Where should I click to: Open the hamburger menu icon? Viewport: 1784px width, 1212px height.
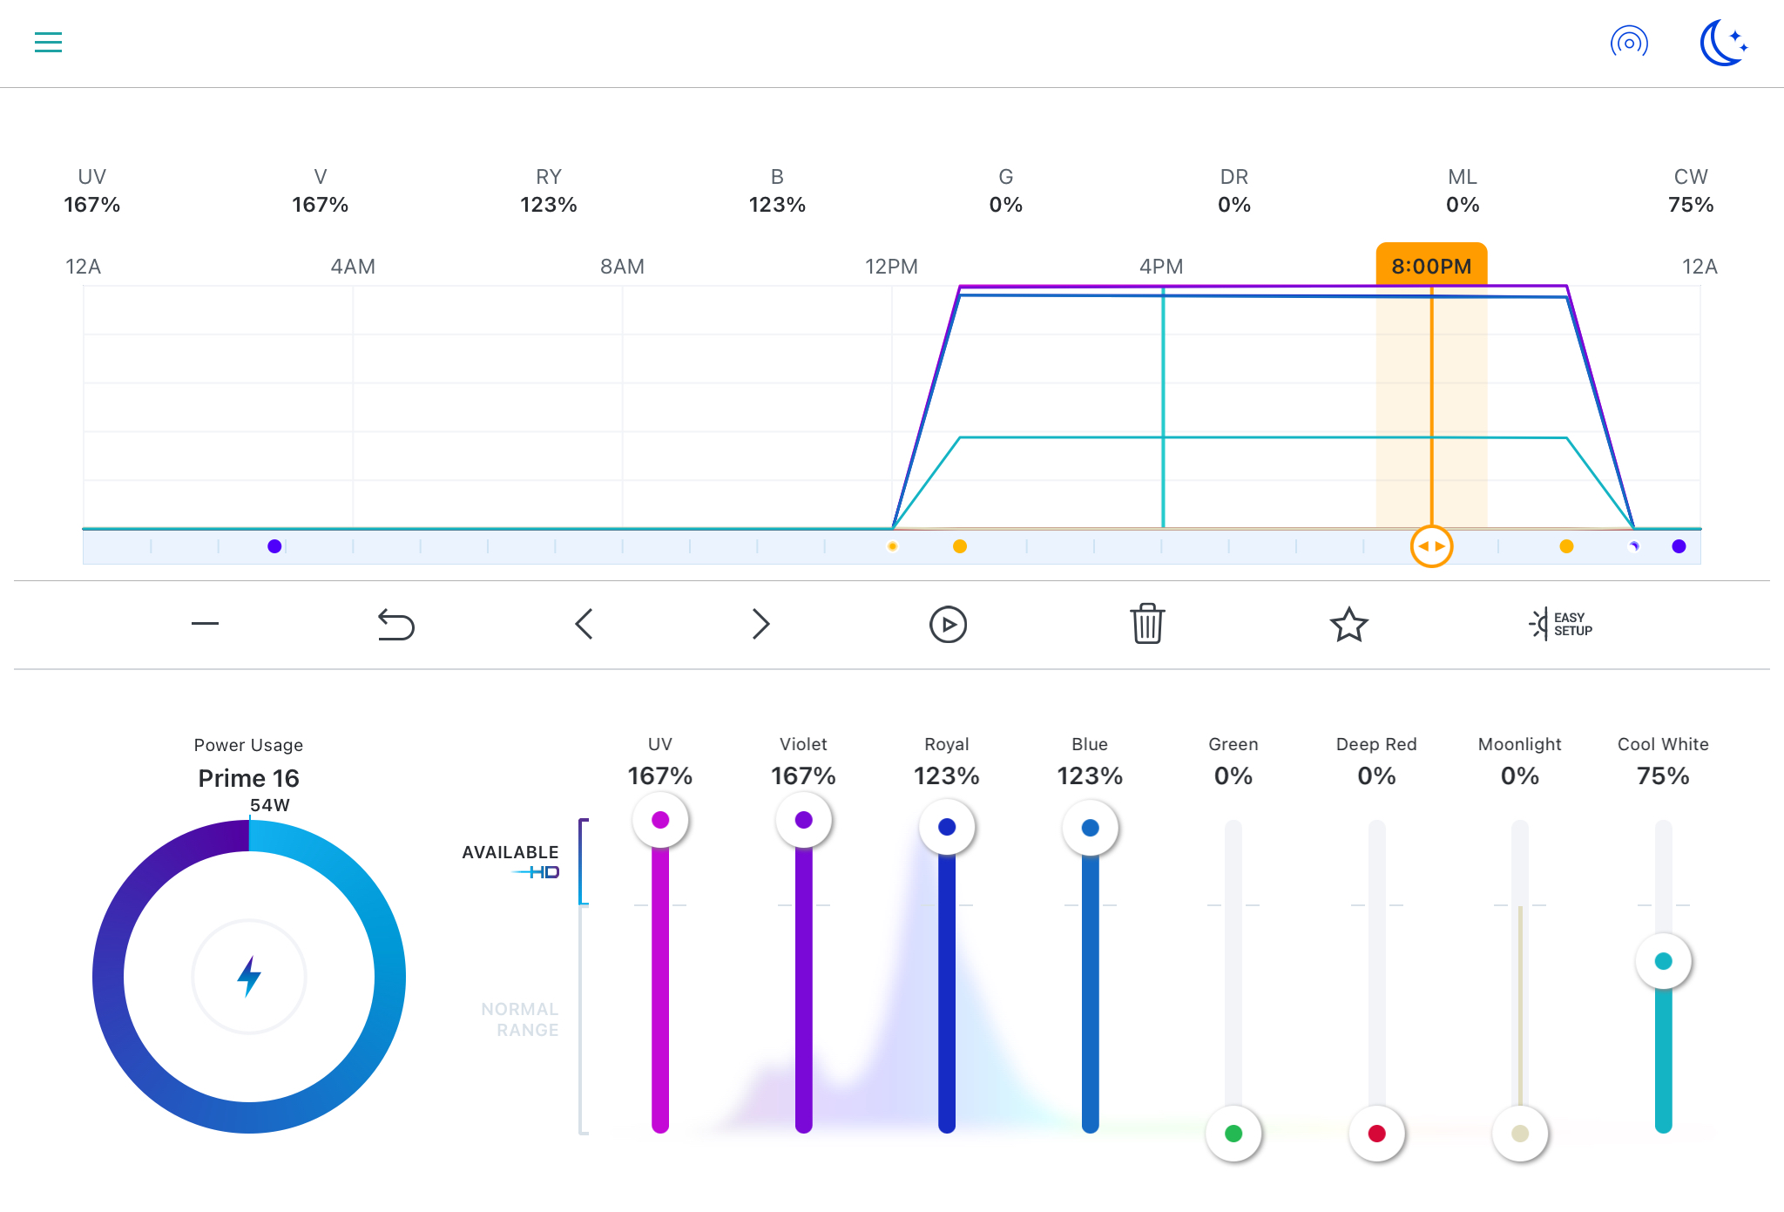(48, 42)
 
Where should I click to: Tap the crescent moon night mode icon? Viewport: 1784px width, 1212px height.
(1723, 43)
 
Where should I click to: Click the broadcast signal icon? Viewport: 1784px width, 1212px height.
(1629, 42)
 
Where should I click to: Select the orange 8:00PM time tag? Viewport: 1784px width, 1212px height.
(1431, 265)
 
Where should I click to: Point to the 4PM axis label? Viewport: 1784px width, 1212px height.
(1161, 267)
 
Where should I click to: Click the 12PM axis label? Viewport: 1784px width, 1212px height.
(891, 267)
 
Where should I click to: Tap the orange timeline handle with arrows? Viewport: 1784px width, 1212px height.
(1431, 546)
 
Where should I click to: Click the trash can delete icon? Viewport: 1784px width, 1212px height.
(1147, 624)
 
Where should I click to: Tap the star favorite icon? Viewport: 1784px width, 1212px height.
(1348, 624)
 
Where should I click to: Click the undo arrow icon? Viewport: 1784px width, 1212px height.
(395, 624)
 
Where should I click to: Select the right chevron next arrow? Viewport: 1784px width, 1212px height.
(760, 624)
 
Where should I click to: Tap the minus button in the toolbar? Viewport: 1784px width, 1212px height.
(205, 624)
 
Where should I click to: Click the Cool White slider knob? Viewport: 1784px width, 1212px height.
(1663, 961)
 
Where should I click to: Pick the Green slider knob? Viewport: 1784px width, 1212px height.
(1233, 1134)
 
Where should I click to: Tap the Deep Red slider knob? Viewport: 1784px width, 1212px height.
(1376, 1134)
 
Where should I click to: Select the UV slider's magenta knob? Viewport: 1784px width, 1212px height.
(660, 820)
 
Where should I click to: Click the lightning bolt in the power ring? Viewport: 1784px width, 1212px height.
(249, 976)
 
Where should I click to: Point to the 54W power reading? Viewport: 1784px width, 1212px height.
(269, 805)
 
